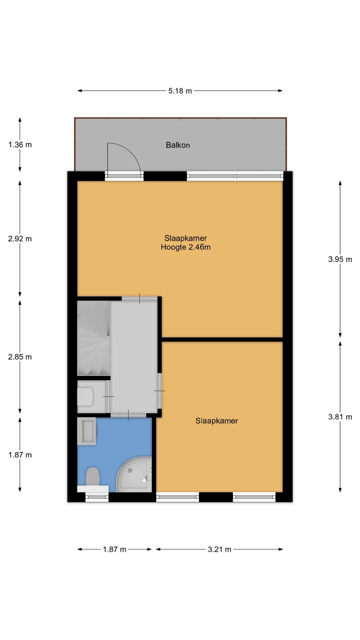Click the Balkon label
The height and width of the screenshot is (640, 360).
[x=177, y=145]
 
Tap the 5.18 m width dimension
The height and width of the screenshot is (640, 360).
[x=180, y=91]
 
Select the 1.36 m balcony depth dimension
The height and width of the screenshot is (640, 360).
[x=20, y=144]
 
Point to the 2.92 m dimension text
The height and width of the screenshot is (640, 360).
[x=20, y=239]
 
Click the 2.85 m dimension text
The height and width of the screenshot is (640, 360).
[x=20, y=357]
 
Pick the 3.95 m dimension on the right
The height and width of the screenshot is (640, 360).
[x=340, y=259]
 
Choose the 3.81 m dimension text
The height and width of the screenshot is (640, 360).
[x=340, y=417]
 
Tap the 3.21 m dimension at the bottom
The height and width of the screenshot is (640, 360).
[x=219, y=549]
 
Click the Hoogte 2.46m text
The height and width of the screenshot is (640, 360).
[x=185, y=247]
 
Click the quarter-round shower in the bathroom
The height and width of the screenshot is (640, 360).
[x=134, y=475]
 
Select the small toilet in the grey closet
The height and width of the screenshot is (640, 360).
[x=85, y=396]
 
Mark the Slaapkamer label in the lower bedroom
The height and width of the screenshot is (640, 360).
[x=216, y=421]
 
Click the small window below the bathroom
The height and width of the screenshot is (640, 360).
[x=97, y=497]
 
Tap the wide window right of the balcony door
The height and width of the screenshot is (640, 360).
[x=235, y=176]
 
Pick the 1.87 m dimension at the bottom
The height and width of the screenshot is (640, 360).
[x=114, y=549]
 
